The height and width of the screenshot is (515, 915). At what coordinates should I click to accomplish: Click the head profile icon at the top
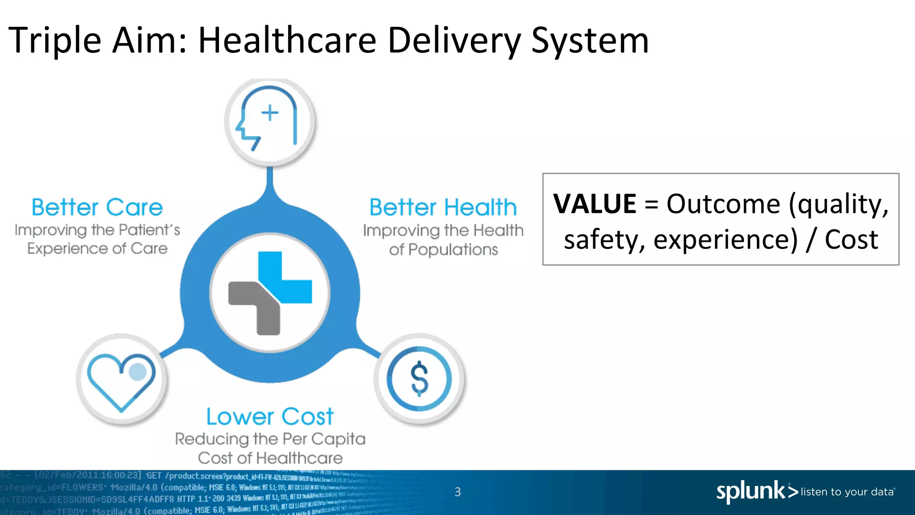point(269,121)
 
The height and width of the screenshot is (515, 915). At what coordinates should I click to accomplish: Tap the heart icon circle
point(122,380)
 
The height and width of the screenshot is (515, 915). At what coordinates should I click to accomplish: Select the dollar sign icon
point(420,379)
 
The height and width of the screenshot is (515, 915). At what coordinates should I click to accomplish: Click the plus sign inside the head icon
point(270,112)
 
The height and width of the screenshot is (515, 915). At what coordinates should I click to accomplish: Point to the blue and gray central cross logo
point(270,293)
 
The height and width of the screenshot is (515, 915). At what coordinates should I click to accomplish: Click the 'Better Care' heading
point(97,207)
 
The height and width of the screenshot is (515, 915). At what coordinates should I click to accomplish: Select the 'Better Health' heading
point(443,207)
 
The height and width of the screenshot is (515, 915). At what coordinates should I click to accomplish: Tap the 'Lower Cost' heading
point(270,417)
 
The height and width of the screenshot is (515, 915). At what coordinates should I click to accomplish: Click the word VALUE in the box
point(594,204)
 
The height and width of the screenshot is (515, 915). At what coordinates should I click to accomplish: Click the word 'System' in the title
point(590,40)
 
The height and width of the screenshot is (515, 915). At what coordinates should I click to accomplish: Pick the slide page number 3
point(457,492)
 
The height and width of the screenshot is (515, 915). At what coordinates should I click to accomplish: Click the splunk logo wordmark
point(751,491)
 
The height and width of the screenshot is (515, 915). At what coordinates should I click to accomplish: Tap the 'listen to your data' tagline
point(847,492)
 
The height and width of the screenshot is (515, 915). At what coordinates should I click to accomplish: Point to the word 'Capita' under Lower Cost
point(338,439)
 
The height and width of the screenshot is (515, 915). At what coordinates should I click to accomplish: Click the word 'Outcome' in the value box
point(723,204)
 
